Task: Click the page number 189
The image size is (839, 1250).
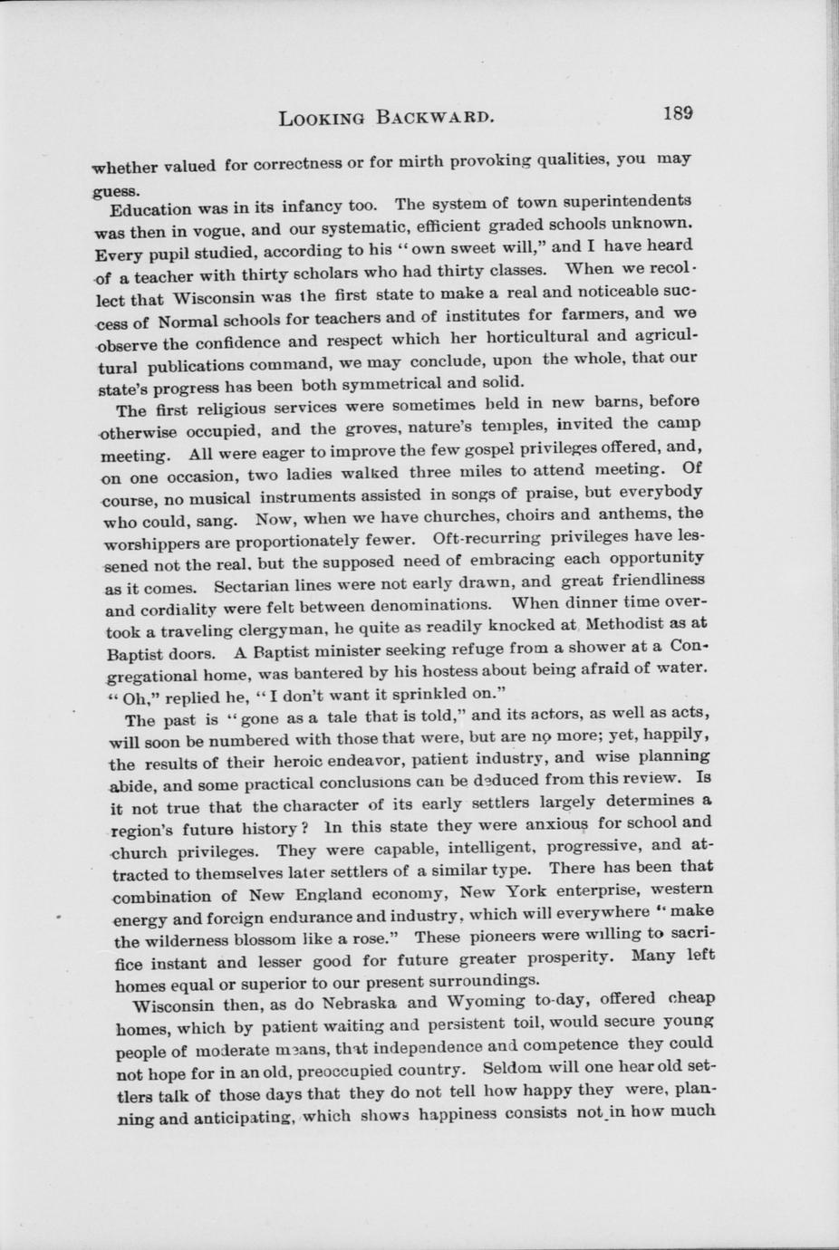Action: pos(678,113)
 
